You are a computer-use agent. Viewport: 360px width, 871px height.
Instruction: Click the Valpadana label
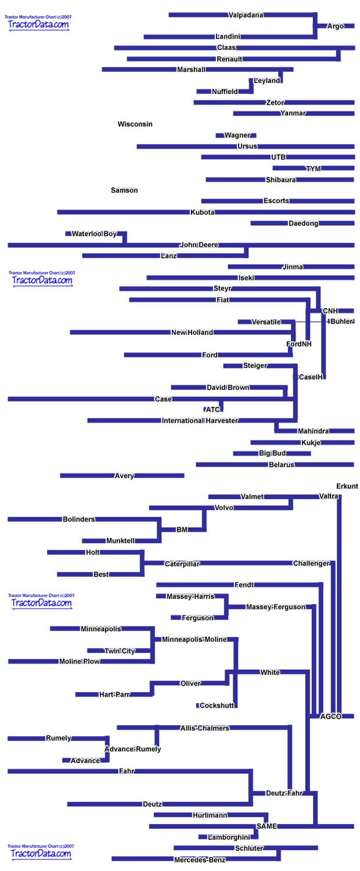coord(245,15)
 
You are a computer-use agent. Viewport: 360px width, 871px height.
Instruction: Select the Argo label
coord(335,26)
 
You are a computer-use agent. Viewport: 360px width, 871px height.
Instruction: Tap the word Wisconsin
coord(135,124)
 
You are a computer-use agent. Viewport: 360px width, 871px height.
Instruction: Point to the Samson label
coord(124,190)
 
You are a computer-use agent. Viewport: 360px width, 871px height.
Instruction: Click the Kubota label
coord(203,212)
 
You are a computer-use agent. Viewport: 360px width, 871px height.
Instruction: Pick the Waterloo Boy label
coord(94,234)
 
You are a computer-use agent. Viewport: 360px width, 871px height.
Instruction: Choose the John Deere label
coord(199,245)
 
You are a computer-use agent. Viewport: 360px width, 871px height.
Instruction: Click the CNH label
coord(330,310)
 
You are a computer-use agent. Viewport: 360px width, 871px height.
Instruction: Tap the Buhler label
coord(341,321)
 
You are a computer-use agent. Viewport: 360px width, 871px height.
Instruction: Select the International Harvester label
coord(200,420)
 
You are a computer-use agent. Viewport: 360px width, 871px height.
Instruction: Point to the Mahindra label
coord(313,431)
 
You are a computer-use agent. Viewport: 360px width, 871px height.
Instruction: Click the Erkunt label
coord(347,486)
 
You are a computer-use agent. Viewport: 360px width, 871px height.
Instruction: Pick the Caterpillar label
coord(182,564)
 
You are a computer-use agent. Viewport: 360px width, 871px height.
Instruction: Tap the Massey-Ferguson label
coord(276,607)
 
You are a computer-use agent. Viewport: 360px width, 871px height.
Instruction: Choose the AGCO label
coord(331,716)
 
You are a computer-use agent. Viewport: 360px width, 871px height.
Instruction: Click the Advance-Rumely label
coord(133,749)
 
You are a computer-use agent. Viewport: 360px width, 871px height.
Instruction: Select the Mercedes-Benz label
coord(200,860)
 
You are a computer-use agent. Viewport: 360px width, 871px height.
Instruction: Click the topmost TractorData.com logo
coord(38,23)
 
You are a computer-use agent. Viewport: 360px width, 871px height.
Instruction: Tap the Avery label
coord(124,476)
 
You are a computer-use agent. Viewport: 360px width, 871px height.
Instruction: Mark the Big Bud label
coord(272,453)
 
